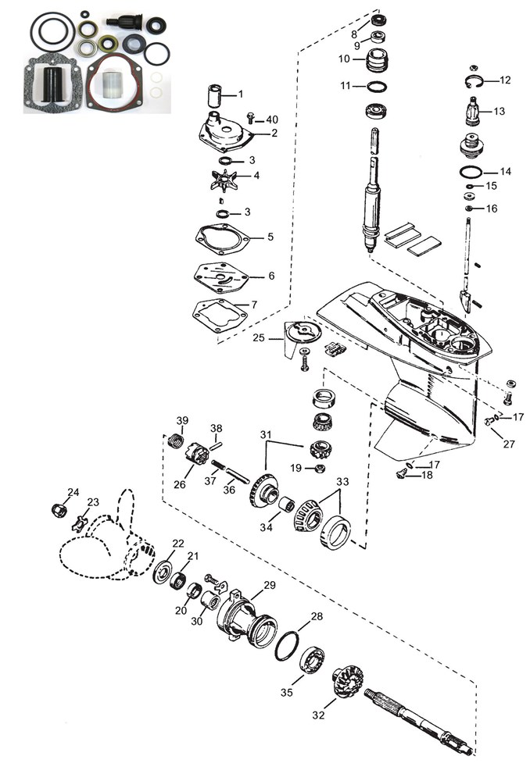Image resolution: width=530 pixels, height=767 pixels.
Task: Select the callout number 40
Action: click(271, 120)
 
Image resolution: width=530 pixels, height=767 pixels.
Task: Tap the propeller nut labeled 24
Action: click(59, 511)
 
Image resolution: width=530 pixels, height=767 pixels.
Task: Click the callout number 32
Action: click(318, 715)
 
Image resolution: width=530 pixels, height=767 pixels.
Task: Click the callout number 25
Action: click(259, 337)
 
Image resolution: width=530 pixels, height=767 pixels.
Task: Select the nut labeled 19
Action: click(319, 469)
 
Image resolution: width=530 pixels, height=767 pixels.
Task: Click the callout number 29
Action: click(270, 585)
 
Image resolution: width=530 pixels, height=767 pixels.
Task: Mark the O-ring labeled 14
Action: click(471, 173)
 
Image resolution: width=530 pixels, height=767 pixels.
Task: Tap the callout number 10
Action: click(344, 59)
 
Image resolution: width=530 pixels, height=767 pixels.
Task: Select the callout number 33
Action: click(342, 482)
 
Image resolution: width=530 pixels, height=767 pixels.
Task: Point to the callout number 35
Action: click(286, 692)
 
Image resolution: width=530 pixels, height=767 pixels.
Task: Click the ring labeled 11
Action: click(377, 86)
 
